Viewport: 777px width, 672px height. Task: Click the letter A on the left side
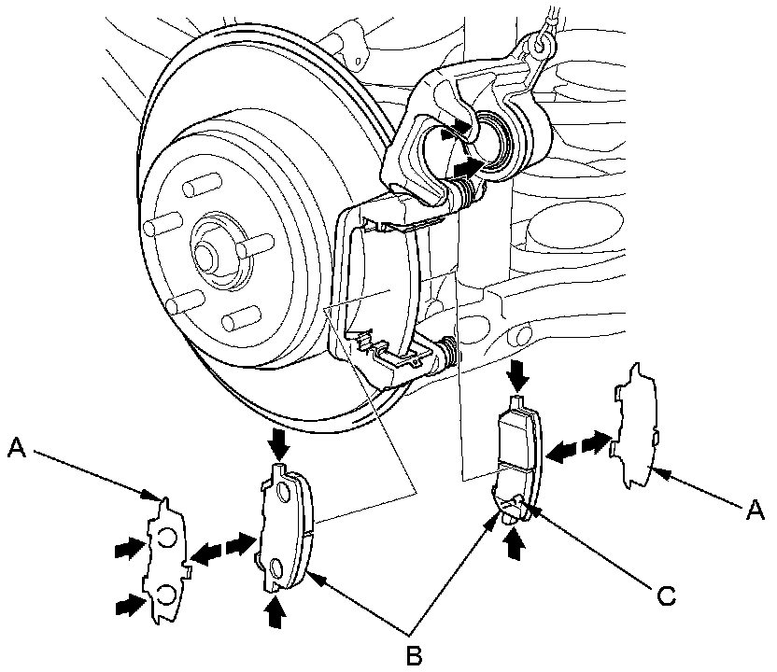16,448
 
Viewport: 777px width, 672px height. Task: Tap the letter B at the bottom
414,653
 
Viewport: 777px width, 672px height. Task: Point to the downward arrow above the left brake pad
276,440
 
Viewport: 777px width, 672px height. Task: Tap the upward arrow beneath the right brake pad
513,543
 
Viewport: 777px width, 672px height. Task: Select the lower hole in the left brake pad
275,568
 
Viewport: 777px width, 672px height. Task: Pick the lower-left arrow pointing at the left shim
125,608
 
